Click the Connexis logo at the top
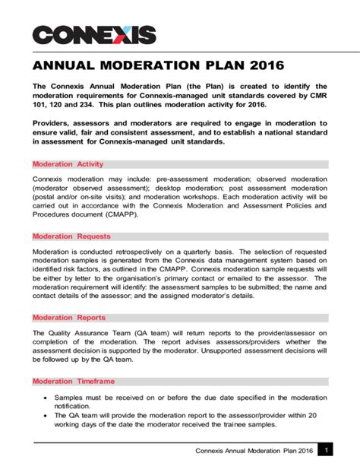tap(94, 34)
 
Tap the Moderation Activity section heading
tap(68, 163)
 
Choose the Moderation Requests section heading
tap(71, 236)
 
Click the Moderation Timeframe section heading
tap(74, 380)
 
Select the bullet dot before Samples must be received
tap(48, 398)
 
